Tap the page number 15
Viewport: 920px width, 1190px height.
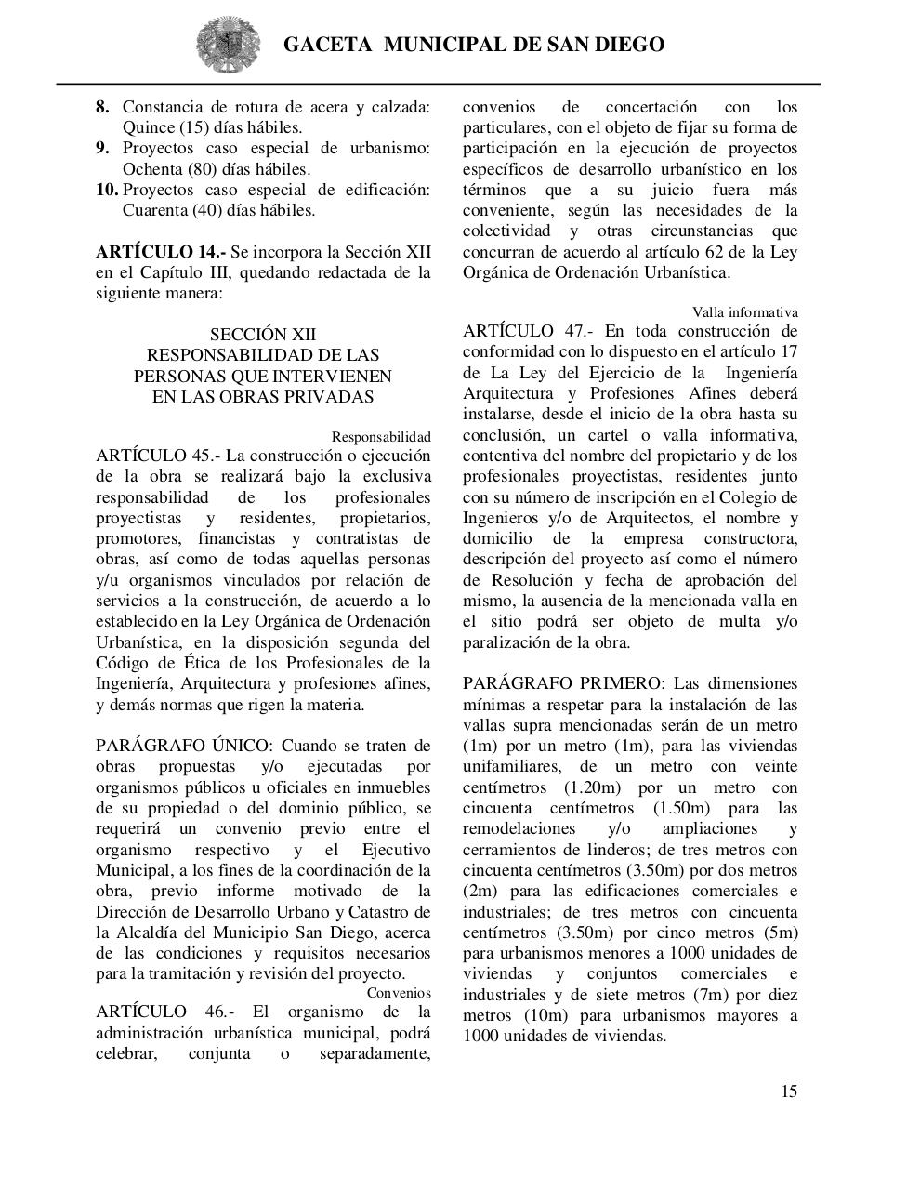(788, 1091)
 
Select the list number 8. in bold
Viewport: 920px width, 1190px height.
(103, 107)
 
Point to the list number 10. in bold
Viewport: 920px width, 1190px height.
(107, 190)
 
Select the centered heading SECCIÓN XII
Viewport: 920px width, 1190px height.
(263, 335)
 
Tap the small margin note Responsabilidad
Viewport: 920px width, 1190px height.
(381, 437)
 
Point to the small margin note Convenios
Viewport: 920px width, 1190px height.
(399, 993)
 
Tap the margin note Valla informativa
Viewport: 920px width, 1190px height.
(744, 312)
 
